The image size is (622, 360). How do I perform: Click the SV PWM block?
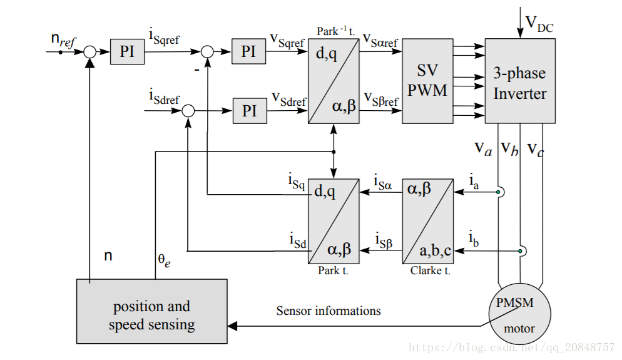click(x=427, y=81)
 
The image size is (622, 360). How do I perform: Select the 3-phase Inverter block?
click(x=519, y=81)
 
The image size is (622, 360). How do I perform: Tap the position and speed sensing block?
click(x=151, y=311)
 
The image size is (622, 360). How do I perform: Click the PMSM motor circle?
click(x=519, y=314)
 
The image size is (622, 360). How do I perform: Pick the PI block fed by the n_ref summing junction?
click(x=127, y=51)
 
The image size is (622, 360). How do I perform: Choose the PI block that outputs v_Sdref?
click(x=250, y=111)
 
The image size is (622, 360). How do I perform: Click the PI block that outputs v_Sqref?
click(x=248, y=51)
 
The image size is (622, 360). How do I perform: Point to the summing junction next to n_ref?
click(x=90, y=52)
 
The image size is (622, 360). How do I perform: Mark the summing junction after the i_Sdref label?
click(x=188, y=111)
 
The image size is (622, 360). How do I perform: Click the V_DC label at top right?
click(x=539, y=23)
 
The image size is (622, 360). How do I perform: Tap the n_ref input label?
click(x=63, y=39)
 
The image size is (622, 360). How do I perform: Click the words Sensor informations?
click(x=329, y=311)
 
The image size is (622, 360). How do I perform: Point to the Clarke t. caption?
click(x=431, y=270)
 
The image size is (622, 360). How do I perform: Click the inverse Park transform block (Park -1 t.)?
click(x=334, y=81)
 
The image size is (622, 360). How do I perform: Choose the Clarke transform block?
click(x=427, y=221)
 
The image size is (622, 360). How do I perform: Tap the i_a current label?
click(x=474, y=181)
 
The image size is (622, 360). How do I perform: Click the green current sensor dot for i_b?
click(x=520, y=251)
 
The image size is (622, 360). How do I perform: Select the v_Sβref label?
click(x=381, y=99)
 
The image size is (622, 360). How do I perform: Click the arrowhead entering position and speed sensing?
click(x=232, y=326)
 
